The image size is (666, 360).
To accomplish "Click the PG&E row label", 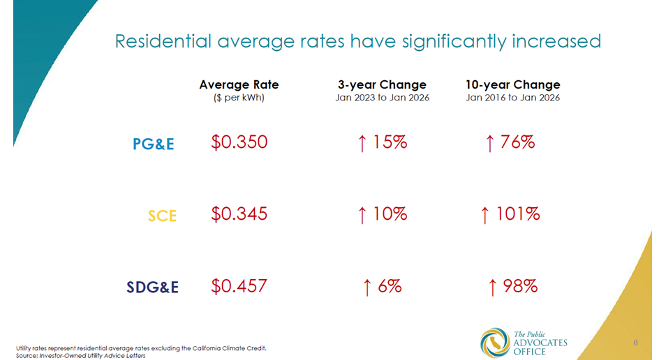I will pos(153,144).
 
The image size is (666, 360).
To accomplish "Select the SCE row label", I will pos(162,216).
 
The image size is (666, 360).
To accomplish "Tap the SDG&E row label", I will pos(152,287).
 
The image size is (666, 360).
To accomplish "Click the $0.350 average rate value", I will pos(239,142).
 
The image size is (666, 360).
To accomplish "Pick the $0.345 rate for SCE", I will pos(239,213).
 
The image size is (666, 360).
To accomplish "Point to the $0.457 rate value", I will pos(239,285).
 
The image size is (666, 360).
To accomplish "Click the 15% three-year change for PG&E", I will pos(382,142).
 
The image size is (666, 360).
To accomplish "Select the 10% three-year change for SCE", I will pos(382,213).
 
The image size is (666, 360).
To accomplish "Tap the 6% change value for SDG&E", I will pos(382,285).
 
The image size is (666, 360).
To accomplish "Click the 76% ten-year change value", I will pos(510,142).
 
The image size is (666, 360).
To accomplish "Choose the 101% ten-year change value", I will pos(510,213).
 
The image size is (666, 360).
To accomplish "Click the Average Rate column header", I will pos(239,84).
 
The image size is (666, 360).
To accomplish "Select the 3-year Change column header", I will pos(382,84).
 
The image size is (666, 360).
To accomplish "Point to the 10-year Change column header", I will pos(512,84).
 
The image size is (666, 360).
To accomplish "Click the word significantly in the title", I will pos(454,42).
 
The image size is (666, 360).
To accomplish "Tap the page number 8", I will pos(636,343).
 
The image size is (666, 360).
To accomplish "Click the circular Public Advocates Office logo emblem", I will pos(495,342).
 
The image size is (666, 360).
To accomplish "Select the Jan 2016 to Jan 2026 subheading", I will pos(512,98).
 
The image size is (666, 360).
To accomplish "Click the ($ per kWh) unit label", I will pos(239,98).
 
